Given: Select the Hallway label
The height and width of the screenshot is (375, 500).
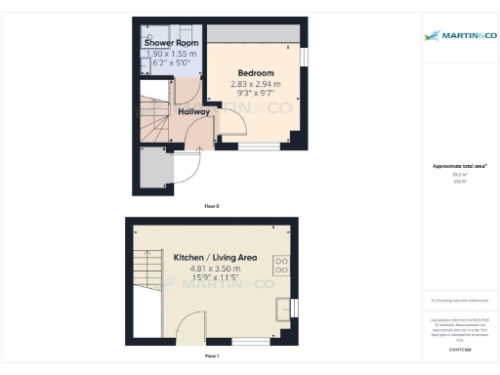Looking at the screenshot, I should [x=193, y=112].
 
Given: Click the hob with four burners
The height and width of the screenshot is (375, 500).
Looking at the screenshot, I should [x=281, y=262].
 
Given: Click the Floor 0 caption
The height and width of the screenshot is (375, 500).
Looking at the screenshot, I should [x=212, y=206].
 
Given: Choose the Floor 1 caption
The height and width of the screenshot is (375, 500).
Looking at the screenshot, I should [x=212, y=357].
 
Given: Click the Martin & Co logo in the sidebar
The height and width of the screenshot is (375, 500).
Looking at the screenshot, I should [x=459, y=36].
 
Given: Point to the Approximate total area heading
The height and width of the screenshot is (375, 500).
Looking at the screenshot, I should [x=459, y=166].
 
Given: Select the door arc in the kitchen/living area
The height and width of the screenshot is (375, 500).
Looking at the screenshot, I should [x=191, y=328].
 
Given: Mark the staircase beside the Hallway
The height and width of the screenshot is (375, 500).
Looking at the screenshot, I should [x=154, y=117].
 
